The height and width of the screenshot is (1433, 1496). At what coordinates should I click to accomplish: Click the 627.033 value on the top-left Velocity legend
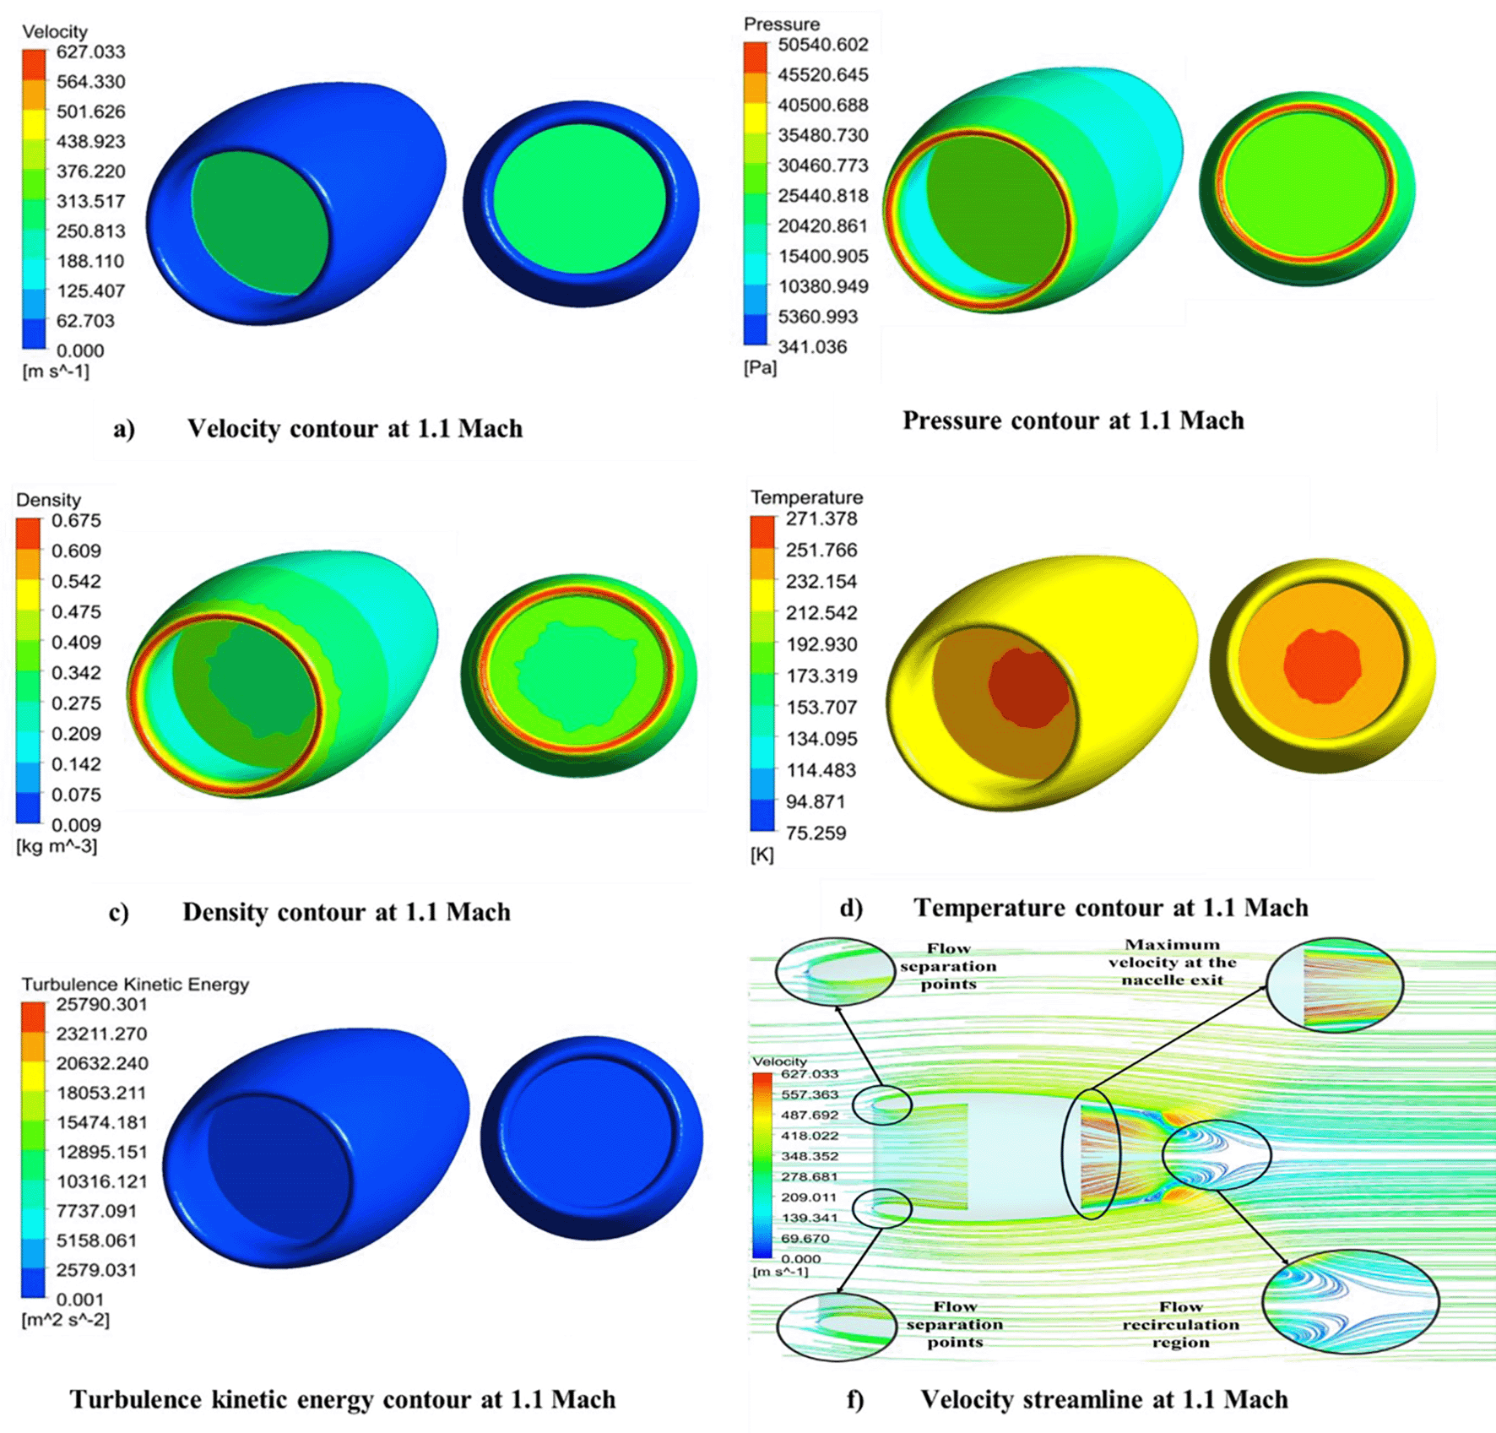[x=90, y=52]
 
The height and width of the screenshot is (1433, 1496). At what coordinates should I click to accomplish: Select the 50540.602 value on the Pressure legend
[x=822, y=45]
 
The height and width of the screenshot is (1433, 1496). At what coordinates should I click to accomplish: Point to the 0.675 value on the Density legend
[x=76, y=521]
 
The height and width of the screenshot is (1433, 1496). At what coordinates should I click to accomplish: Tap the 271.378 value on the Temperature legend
[x=821, y=519]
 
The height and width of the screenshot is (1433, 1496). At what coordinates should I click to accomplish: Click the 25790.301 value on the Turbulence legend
[x=101, y=1005]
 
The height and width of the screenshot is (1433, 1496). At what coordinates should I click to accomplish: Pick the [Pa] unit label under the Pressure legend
[x=760, y=368]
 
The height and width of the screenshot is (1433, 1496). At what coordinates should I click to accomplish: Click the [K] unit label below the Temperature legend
[x=762, y=855]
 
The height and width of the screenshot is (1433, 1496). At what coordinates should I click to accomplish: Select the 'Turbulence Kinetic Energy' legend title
[x=135, y=985]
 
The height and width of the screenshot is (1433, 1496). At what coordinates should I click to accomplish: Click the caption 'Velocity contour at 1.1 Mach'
[x=355, y=429]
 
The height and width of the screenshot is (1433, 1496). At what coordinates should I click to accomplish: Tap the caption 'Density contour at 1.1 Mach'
[x=346, y=913]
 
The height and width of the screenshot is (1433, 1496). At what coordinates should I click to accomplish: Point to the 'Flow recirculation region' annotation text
[x=1180, y=1325]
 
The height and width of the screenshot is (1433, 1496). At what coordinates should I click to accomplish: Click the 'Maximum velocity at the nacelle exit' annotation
[x=1172, y=963]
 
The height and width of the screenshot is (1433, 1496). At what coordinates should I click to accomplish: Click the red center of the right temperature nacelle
[x=1321, y=665]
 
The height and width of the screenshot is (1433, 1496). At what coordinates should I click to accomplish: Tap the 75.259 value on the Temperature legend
[x=816, y=833]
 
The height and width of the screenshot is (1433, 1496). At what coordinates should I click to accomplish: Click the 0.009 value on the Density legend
[x=76, y=826]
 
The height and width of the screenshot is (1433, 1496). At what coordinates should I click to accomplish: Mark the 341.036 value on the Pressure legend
[x=812, y=347]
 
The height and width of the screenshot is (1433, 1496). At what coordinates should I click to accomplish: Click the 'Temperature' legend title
[x=806, y=497]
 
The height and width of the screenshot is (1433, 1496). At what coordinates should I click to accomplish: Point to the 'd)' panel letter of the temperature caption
[x=851, y=909]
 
